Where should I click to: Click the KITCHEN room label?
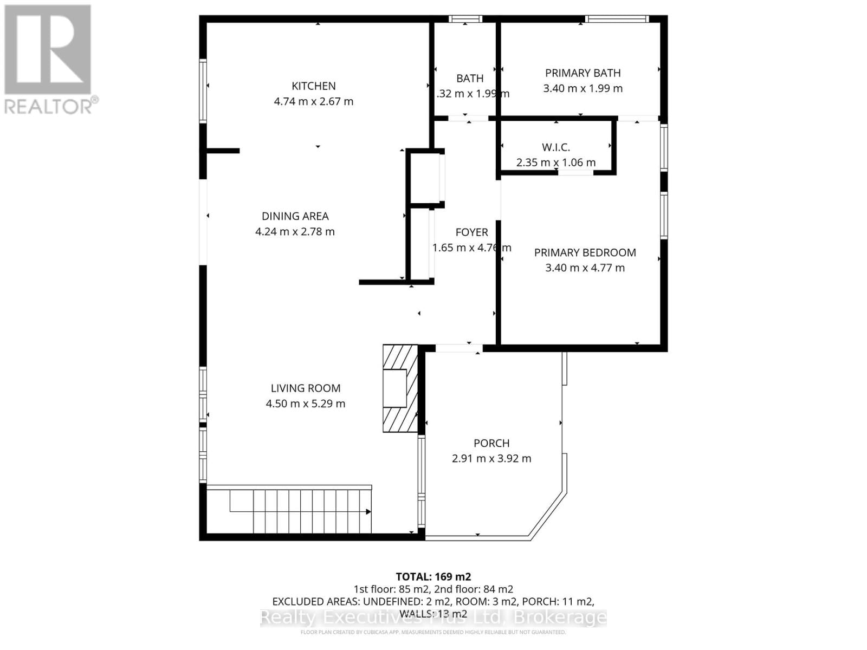(x=313, y=86)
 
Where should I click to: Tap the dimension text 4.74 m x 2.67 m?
(x=313, y=101)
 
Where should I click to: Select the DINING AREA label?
(x=295, y=216)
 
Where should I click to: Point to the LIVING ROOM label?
(x=306, y=388)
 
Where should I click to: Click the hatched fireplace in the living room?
(x=400, y=388)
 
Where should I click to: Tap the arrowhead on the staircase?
(x=368, y=511)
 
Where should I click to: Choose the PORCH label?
(x=491, y=443)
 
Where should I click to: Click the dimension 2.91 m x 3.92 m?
(x=491, y=458)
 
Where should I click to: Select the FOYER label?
(x=471, y=232)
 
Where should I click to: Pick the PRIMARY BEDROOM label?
(x=585, y=252)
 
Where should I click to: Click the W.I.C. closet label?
(x=555, y=147)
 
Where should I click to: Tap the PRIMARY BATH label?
(x=583, y=73)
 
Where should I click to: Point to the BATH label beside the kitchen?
(x=469, y=79)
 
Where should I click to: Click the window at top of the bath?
(x=465, y=19)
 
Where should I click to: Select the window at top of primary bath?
(x=617, y=19)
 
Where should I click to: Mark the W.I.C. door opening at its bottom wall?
(x=575, y=172)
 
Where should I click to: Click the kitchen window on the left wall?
(x=203, y=90)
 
